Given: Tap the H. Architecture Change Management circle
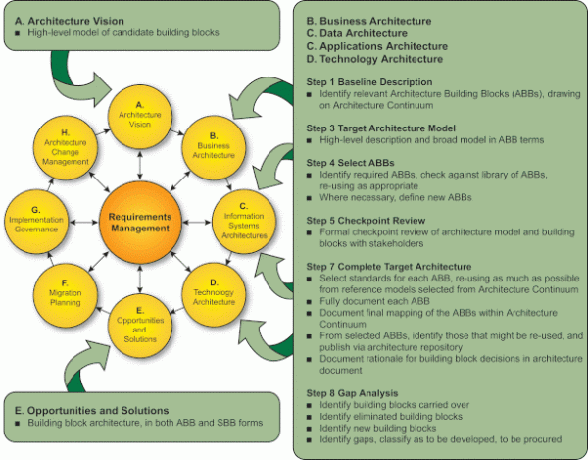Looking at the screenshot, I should (x=66, y=148).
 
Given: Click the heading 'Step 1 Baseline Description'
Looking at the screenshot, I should (x=368, y=81).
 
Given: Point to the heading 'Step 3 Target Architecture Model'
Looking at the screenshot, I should (x=384, y=128).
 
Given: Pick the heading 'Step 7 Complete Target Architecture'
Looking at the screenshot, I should (x=390, y=265).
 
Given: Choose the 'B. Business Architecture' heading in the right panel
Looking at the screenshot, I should (x=376, y=19).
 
